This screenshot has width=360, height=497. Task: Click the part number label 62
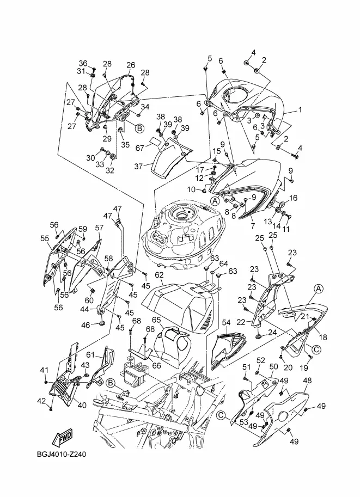[159, 274]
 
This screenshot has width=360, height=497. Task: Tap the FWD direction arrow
[62, 437]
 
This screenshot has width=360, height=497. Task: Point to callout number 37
[138, 166]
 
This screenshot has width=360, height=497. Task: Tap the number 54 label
[226, 323]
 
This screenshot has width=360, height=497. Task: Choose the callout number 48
[307, 381]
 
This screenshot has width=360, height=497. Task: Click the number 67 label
[140, 148]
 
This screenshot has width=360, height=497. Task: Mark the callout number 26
[131, 65]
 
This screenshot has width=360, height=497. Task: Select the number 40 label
[82, 405]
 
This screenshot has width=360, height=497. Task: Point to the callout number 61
[91, 354]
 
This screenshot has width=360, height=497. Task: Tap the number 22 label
[241, 322]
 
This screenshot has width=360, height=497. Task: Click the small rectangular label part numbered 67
[155, 141]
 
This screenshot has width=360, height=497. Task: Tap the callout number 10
[191, 189]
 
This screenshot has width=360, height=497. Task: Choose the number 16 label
[294, 198]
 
